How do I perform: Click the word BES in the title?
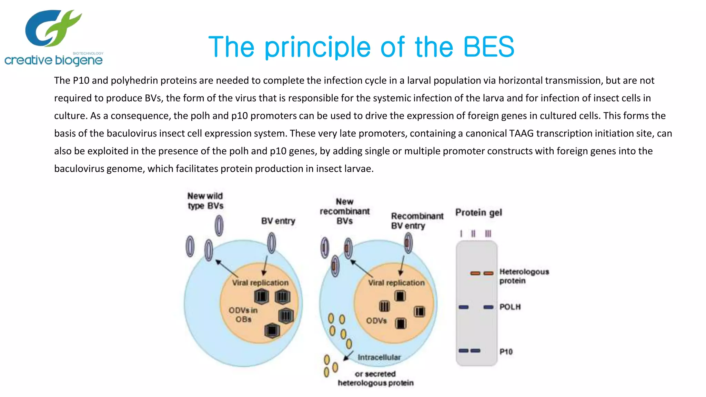click(488, 47)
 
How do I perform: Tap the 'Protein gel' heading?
click(478, 213)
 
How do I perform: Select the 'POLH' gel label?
click(510, 307)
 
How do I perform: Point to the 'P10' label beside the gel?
click(506, 352)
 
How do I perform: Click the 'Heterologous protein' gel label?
click(524, 276)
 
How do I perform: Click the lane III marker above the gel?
click(488, 234)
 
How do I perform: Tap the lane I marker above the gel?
click(461, 234)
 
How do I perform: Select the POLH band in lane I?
click(464, 307)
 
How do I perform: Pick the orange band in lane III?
click(488, 273)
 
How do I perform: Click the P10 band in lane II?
click(475, 351)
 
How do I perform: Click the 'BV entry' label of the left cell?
click(278, 221)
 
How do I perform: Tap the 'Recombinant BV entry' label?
click(417, 221)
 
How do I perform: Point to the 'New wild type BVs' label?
click(205, 201)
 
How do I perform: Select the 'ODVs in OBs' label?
click(243, 315)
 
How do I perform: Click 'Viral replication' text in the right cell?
click(396, 283)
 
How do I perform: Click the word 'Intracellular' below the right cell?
click(379, 357)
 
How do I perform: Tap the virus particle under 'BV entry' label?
click(272, 243)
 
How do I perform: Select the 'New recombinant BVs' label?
click(345, 211)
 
